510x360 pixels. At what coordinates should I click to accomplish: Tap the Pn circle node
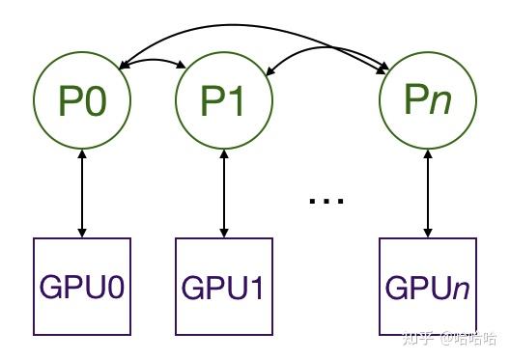pos(426,100)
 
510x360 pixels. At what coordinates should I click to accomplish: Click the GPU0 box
pos(82,287)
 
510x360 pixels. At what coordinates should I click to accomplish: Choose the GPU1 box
pos(224,287)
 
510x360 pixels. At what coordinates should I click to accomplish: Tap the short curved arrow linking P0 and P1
pos(153,61)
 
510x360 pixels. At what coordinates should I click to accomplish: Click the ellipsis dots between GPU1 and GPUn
pos(326,201)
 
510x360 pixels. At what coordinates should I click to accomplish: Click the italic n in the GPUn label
pos(465,289)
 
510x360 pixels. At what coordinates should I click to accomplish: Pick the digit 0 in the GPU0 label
pos(118,288)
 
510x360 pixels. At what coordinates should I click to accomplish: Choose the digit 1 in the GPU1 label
pos(260,288)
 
